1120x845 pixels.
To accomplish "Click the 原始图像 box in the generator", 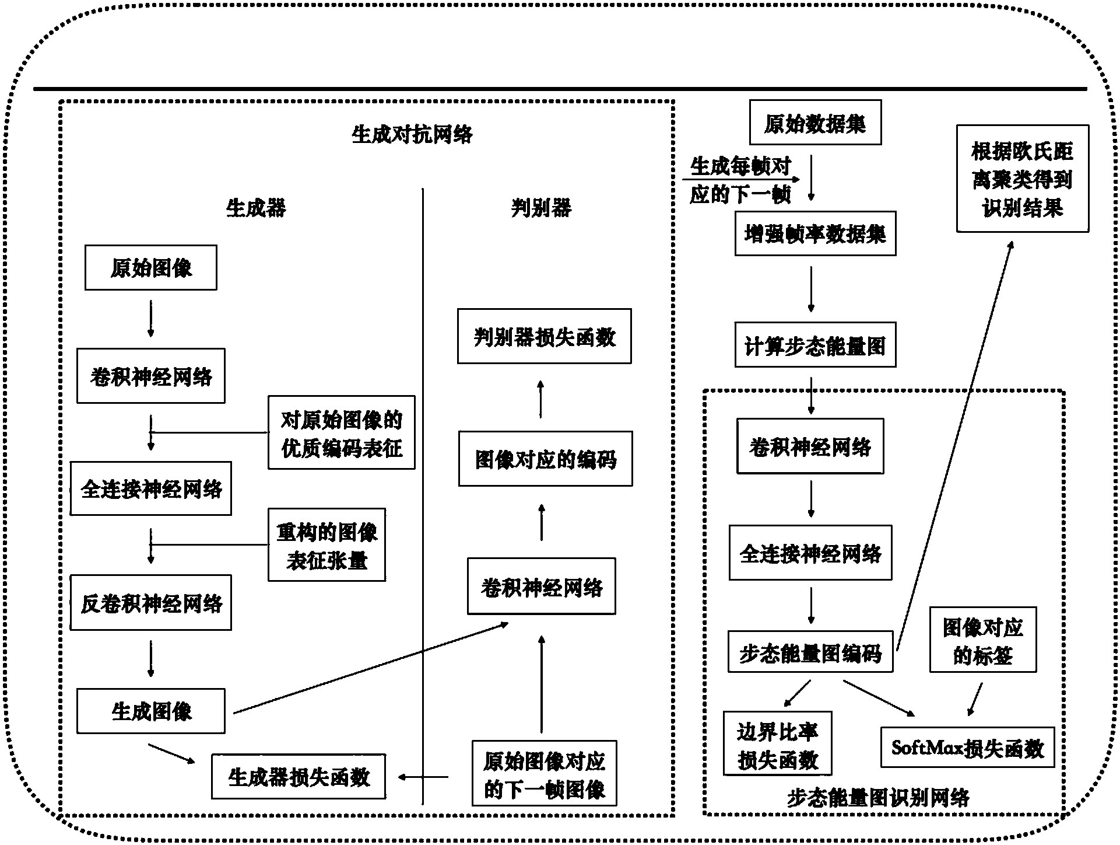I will pos(150,268).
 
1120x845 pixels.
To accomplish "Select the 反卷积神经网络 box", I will pos(150,603).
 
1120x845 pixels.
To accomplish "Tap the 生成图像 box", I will pos(150,711).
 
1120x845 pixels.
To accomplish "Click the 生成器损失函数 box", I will pos(298,777).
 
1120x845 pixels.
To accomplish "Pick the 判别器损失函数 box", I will pos(544,337).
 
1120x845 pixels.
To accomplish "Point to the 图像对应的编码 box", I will pos(545,459).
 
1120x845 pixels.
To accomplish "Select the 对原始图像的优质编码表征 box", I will pos(341,433).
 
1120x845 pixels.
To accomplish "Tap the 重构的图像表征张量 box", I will pos(326,545).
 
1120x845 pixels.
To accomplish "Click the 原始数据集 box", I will pos(814,123).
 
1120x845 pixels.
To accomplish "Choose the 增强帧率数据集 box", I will pos(814,234).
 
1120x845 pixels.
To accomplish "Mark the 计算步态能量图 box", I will pos(814,345).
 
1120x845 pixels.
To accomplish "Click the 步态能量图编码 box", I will pos(810,652).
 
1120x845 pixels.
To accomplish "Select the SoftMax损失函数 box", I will pos(967,748).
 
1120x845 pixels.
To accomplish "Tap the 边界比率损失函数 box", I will pos(777,743).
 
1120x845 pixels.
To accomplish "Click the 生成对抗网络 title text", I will pos(412,135).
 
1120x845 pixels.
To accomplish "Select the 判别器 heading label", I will pos(541,208).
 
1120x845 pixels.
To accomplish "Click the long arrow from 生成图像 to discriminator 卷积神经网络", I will pos(370,668).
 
